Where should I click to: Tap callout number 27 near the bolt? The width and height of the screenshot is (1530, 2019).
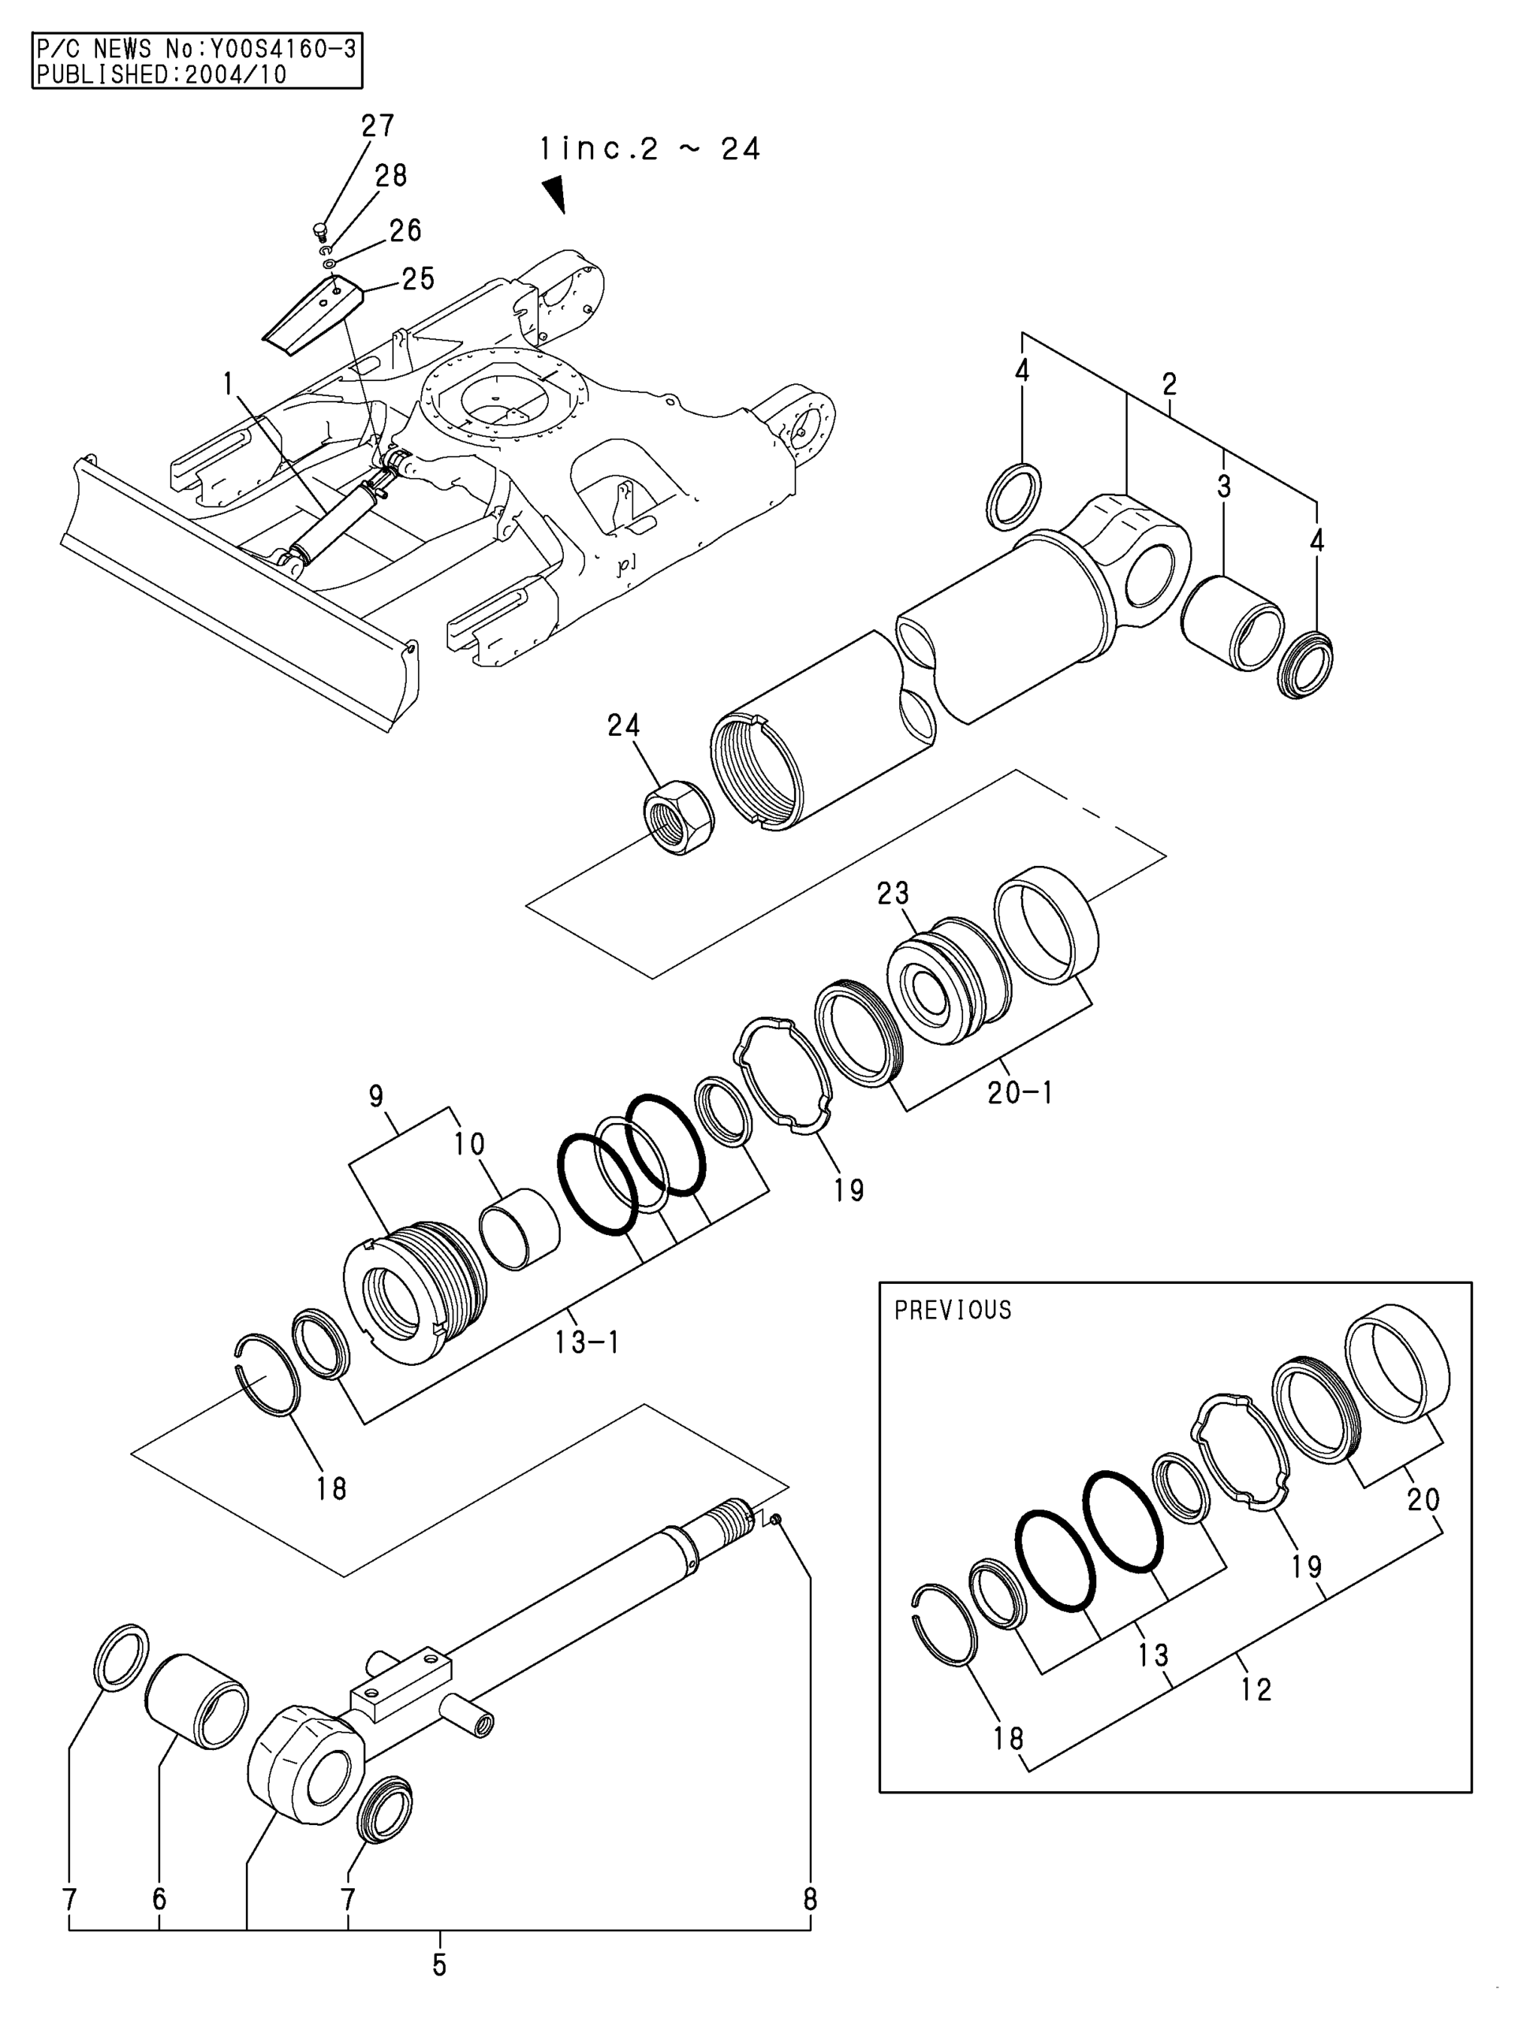(377, 126)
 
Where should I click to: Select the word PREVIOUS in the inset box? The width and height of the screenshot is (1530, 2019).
(953, 1311)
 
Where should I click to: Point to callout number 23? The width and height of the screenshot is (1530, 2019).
(894, 892)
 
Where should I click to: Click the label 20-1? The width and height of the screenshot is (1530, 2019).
(1021, 1092)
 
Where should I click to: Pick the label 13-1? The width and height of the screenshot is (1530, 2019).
(587, 1342)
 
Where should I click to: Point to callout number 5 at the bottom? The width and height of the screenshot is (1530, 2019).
(439, 1965)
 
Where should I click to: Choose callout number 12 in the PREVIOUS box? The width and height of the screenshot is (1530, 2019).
(1256, 1689)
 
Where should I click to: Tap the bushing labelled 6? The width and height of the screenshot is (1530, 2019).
(196, 1696)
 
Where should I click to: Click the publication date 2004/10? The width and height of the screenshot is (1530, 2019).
(236, 74)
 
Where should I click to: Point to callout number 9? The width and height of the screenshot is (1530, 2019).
(376, 1096)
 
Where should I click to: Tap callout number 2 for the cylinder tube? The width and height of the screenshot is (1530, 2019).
(1170, 384)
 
